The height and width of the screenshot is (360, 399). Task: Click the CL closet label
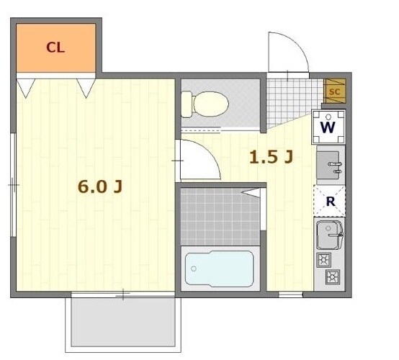[x=55, y=48]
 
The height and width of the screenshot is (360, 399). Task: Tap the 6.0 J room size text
[x=100, y=186]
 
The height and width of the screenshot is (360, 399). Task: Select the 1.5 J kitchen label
[x=271, y=157]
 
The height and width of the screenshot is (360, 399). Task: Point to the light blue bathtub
[x=219, y=269]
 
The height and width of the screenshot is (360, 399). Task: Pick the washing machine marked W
[x=328, y=127]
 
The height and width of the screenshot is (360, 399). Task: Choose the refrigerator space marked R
[x=330, y=201]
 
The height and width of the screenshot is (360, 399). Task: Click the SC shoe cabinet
[x=335, y=91]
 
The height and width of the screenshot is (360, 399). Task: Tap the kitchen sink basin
[x=330, y=235]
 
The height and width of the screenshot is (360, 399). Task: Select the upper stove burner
[x=323, y=260]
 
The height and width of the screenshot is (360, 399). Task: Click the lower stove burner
[x=333, y=276]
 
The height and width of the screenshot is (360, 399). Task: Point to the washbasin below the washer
[x=331, y=165]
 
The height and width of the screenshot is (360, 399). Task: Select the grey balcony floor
[x=123, y=322]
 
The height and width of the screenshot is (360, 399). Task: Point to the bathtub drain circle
[x=194, y=269]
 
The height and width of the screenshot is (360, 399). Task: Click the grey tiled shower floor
[x=220, y=217]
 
